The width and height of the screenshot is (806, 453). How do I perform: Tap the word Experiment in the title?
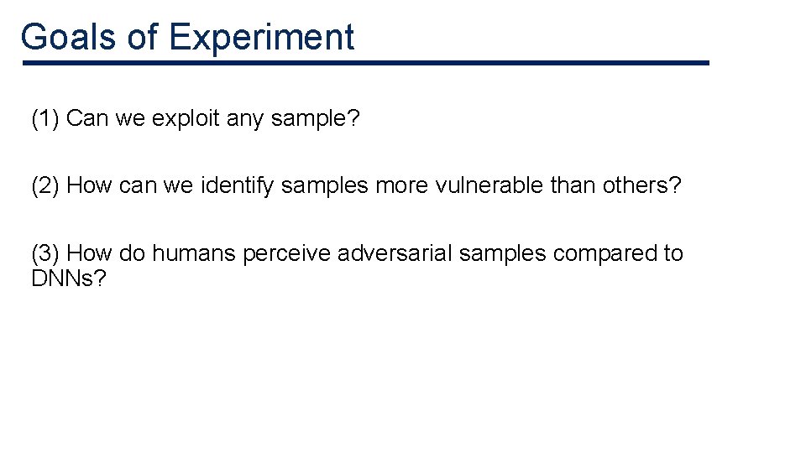point(261,37)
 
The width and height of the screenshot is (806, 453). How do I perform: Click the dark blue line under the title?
point(366,63)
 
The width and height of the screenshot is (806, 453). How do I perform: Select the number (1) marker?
point(45,119)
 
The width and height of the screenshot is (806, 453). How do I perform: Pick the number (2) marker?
point(45,185)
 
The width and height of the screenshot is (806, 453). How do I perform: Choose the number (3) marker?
point(45,253)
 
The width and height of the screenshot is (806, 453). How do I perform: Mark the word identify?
point(238,185)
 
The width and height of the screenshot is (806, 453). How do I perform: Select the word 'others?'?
point(641,185)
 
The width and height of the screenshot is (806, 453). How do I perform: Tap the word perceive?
point(286,253)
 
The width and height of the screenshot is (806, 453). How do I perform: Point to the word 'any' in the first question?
point(245,119)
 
